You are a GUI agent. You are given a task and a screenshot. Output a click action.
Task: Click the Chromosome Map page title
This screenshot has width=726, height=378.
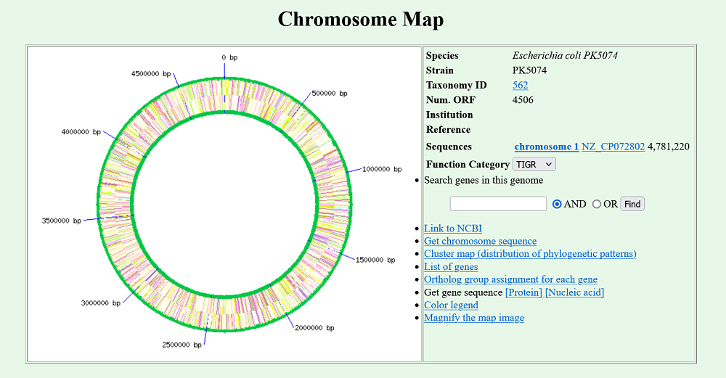(361, 20)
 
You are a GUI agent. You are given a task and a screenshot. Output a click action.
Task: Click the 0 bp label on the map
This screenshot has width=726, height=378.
(229, 57)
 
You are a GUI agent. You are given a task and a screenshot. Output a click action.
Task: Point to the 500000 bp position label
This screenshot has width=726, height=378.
(329, 94)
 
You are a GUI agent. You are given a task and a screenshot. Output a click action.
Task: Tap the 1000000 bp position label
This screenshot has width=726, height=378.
(382, 169)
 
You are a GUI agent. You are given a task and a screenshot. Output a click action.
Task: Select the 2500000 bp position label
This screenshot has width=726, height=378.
(181, 345)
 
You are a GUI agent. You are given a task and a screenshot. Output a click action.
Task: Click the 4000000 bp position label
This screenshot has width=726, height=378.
(81, 132)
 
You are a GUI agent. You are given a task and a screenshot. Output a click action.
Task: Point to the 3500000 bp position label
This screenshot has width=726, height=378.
(62, 221)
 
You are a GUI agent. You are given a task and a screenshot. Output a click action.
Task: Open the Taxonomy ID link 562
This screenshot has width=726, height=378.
(520, 85)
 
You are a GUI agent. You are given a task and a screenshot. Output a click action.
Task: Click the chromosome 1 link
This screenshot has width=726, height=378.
(547, 147)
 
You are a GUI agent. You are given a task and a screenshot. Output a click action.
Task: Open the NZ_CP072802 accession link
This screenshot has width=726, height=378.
(613, 147)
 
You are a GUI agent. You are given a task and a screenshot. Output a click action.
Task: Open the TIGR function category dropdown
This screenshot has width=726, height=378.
(534, 164)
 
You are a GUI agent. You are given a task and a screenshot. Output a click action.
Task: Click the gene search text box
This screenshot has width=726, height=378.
(498, 204)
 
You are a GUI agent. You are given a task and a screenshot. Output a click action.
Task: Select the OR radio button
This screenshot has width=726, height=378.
(596, 204)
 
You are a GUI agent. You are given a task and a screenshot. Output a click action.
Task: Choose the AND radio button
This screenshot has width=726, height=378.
(557, 204)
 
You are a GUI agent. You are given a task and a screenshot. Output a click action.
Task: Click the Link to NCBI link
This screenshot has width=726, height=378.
(453, 229)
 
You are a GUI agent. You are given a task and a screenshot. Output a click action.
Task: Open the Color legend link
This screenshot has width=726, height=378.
(451, 305)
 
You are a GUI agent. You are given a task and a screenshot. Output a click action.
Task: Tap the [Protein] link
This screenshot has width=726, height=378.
(523, 292)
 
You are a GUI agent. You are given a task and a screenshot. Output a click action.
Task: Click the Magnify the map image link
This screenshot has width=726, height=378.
(474, 318)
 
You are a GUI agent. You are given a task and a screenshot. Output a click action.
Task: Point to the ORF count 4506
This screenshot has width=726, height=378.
(523, 100)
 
